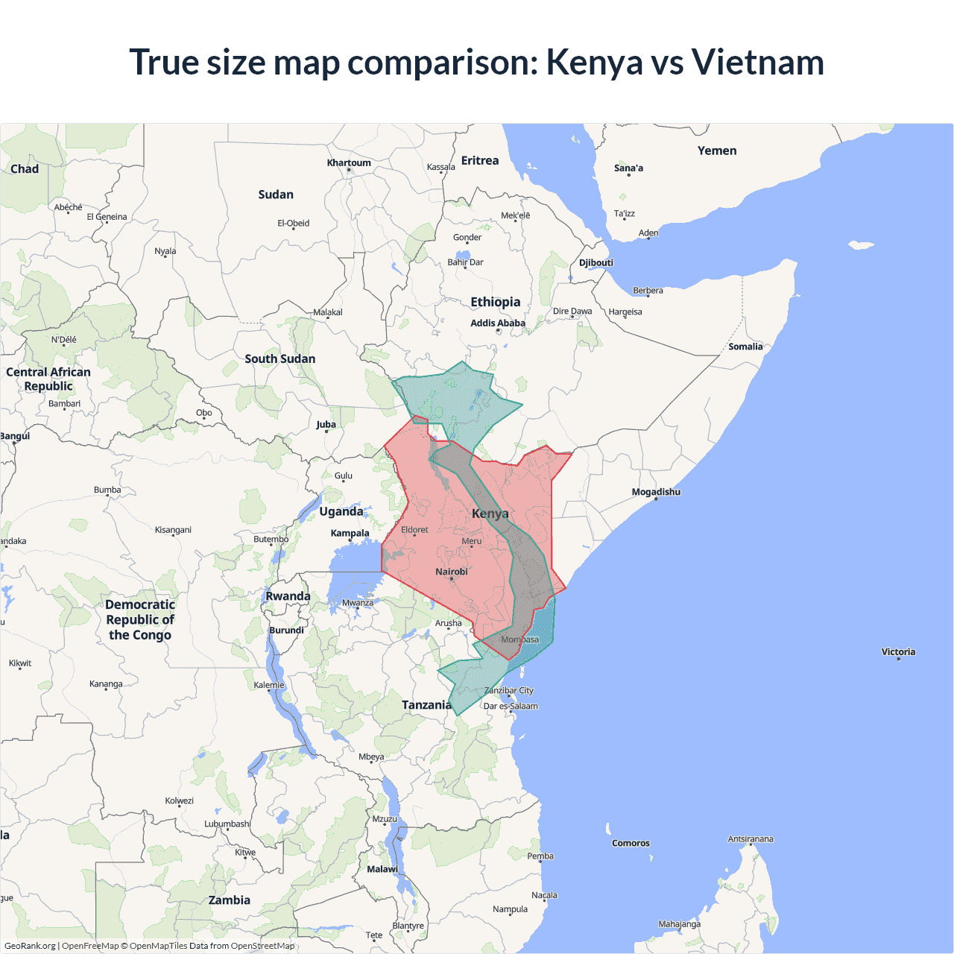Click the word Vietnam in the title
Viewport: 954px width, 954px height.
pos(757,62)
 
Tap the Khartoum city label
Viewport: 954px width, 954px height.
pos(349,162)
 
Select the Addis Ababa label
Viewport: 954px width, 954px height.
pos(498,323)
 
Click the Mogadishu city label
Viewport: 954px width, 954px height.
pos(656,492)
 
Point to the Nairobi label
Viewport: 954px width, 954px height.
pos(452,572)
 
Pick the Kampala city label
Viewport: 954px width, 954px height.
pos(350,533)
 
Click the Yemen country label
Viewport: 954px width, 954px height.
pos(717,151)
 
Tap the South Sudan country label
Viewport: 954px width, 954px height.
pos(280,358)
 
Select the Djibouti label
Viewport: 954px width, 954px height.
pos(596,262)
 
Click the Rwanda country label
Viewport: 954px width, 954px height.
pos(288,596)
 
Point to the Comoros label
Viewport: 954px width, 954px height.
pos(631,843)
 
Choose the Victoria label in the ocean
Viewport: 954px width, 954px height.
pos(898,651)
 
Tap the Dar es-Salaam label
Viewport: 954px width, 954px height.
pos(511,706)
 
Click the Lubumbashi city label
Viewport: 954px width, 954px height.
pos(227,824)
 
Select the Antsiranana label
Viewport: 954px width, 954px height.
pos(751,838)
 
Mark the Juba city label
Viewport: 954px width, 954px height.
pos(326,424)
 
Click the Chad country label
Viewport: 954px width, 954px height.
pos(25,169)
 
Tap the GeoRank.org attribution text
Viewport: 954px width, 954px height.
pos(30,946)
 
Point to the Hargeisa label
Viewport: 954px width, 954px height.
pos(625,312)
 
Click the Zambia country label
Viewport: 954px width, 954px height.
pos(230,900)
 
